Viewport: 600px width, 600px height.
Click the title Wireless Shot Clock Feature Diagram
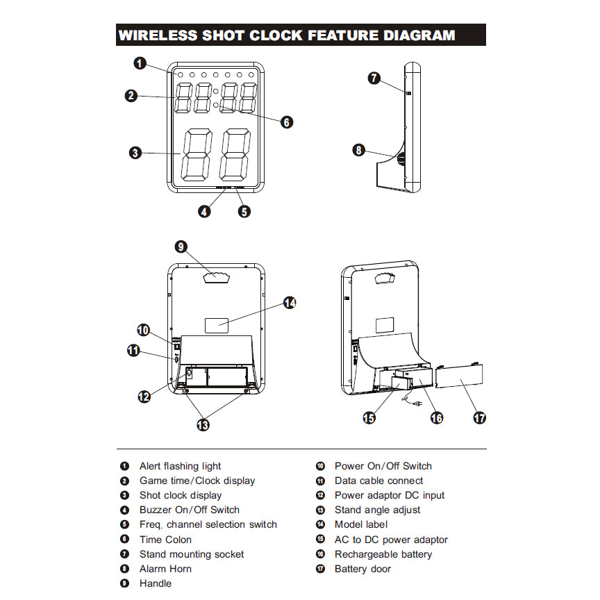coord(287,35)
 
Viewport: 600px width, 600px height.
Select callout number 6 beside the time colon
coord(287,122)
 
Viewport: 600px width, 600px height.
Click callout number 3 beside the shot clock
coord(135,153)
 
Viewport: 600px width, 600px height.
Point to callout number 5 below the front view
coord(244,212)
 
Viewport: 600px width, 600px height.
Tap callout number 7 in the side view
coord(374,78)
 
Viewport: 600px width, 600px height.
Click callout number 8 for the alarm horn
coord(358,149)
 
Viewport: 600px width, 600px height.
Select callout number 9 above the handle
coord(181,247)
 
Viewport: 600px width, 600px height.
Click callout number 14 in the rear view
coord(290,303)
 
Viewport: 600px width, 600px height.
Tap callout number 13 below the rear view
coord(203,424)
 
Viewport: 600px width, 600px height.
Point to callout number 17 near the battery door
coord(479,417)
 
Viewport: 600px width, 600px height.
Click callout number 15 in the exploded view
coord(369,417)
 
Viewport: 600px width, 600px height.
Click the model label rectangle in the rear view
coord(217,324)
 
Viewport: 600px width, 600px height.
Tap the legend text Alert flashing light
coord(180,466)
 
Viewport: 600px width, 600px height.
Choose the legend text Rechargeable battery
coord(383,554)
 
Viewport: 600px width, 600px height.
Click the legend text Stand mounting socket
coord(191,554)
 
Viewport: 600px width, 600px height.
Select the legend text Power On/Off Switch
coord(383,466)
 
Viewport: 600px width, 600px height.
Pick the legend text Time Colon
coord(165,540)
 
